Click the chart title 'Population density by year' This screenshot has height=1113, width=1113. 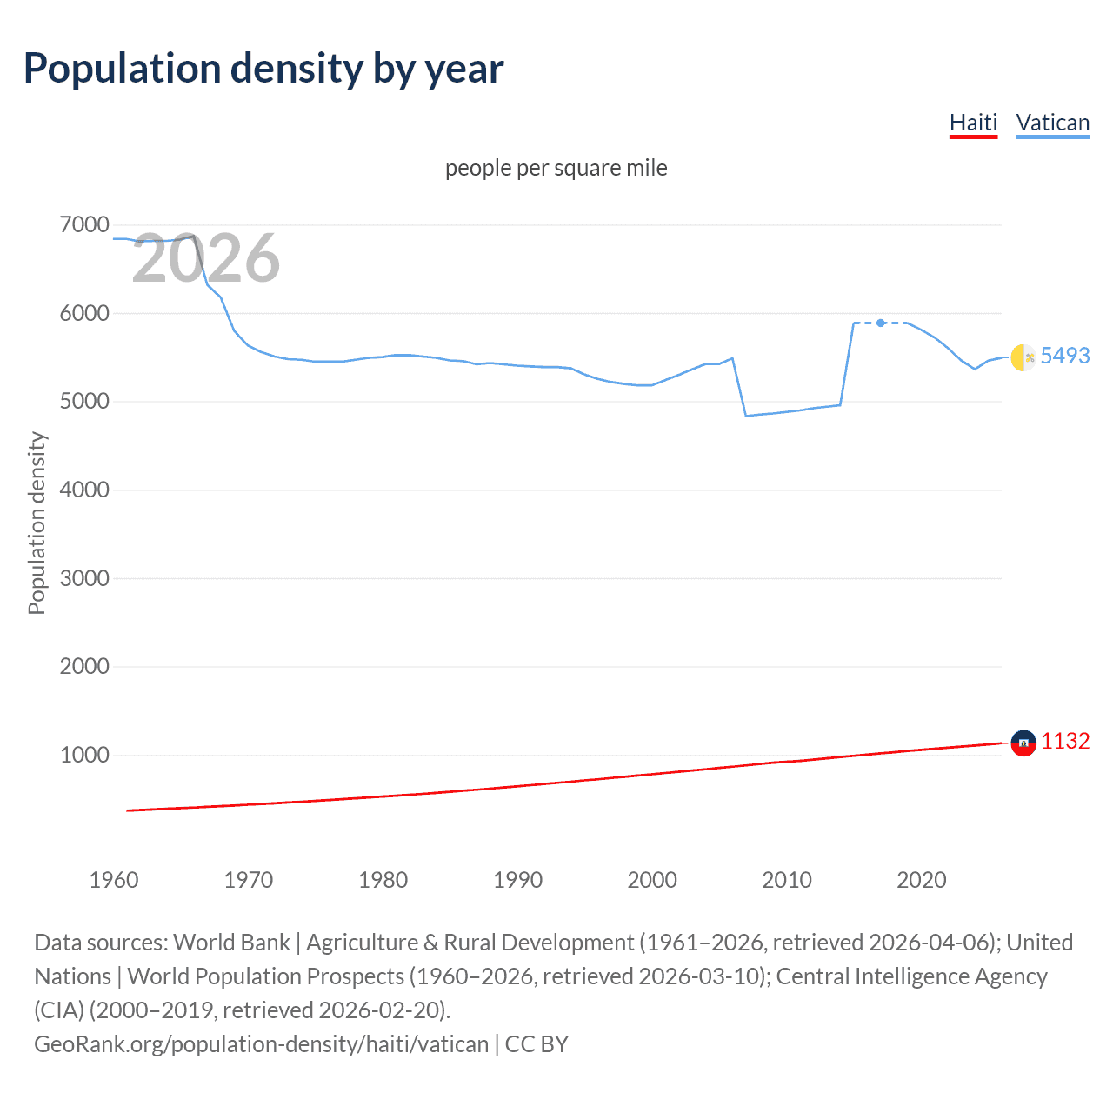(263, 69)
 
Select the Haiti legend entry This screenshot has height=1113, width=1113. (973, 123)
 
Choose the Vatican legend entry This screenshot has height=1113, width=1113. (1052, 123)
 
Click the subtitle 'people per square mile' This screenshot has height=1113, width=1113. (556, 168)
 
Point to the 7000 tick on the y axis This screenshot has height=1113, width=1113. (84, 225)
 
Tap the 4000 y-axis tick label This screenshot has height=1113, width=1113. (84, 490)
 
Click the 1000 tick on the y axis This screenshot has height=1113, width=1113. (84, 755)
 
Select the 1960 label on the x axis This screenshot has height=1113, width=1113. (114, 880)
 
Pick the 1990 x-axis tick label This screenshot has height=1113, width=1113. (517, 880)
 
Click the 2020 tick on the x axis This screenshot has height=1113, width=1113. (921, 880)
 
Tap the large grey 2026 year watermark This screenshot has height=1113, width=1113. (205, 258)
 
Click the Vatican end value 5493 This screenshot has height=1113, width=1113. (1065, 356)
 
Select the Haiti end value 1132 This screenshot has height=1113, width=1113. (1065, 741)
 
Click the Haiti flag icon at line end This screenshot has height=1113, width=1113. (1023, 743)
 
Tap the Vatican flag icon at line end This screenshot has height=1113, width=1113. (1023, 357)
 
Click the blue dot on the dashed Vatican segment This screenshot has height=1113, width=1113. (881, 323)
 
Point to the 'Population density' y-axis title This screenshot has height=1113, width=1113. (37, 523)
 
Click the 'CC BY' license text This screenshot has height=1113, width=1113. (537, 1043)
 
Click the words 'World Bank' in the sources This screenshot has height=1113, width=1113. (231, 943)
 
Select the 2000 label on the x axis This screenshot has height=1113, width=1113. (652, 880)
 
